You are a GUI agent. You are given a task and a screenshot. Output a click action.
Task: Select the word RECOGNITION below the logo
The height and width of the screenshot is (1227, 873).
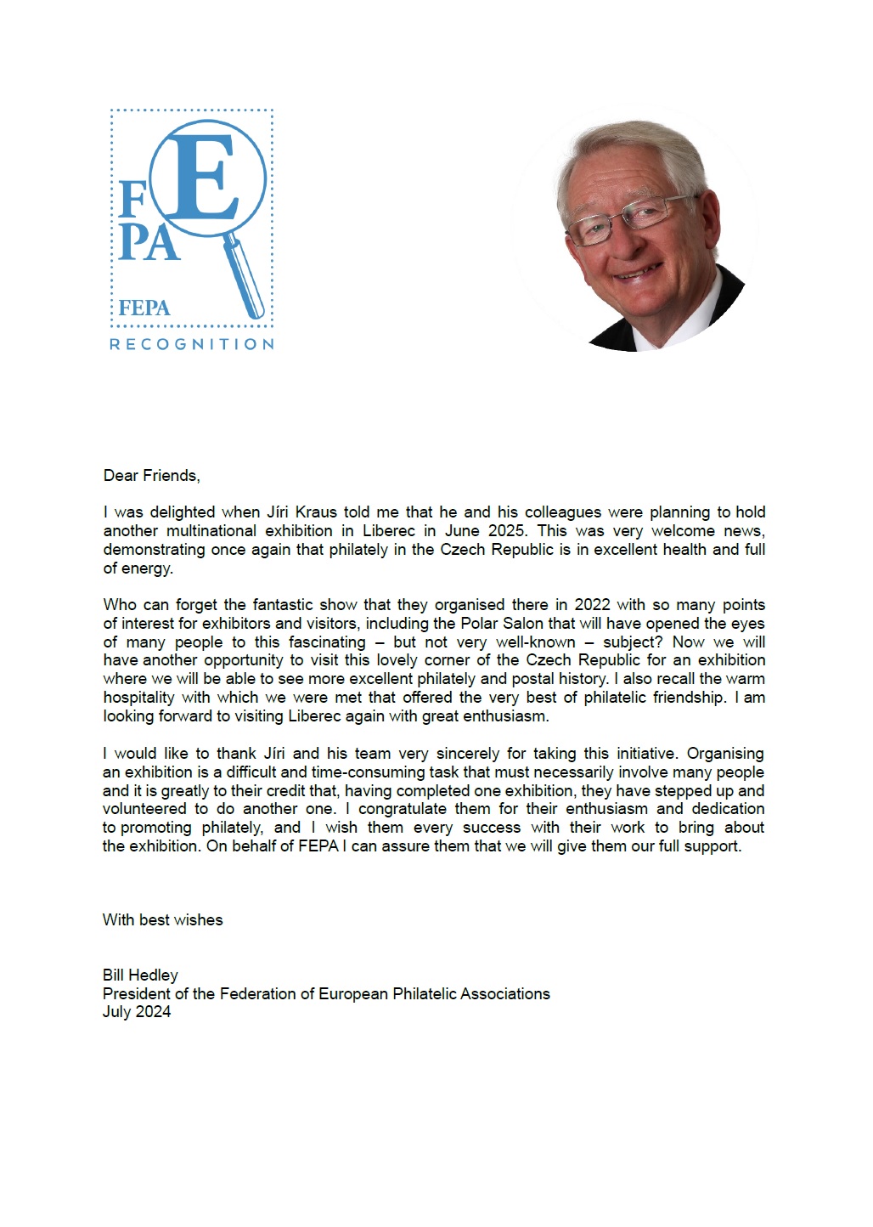coord(192,344)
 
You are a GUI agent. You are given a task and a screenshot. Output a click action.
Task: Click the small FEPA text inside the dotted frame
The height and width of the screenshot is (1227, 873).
coord(144,308)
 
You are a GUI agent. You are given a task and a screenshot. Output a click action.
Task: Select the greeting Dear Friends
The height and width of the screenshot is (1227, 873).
coord(151,476)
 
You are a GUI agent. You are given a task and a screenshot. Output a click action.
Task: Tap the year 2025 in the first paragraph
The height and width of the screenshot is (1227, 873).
coord(506,531)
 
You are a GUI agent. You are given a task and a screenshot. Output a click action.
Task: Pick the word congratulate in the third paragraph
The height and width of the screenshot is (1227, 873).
coord(400,809)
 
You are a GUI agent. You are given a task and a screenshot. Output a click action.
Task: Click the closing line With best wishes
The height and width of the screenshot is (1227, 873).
coord(162,920)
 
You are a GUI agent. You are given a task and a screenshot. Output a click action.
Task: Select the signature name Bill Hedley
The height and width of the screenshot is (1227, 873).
coord(140,975)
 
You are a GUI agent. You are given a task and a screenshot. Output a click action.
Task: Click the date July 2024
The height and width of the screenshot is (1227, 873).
coord(136,1012)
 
